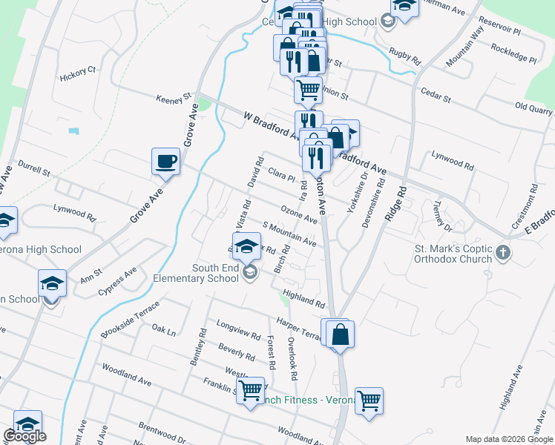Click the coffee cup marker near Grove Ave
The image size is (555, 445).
pos(165,161)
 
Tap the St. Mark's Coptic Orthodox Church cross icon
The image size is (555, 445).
pos(504,253)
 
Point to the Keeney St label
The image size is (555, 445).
pos(173,98)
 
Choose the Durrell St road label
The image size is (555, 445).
pos(33,168)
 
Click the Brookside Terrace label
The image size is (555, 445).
pos(129,320)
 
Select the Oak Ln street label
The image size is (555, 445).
pos(163,329)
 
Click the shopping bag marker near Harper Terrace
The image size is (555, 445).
pos(340,334)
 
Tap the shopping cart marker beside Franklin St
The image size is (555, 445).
pos(251,389)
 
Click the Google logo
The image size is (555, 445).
pos(24,436)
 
